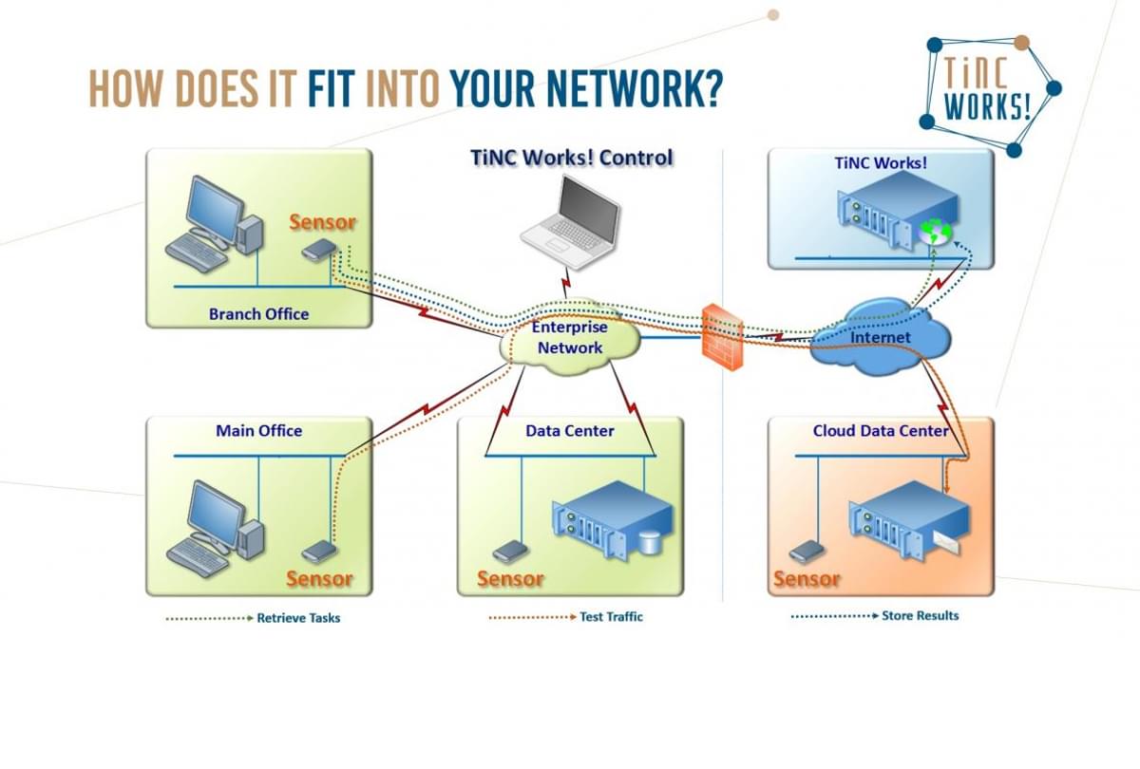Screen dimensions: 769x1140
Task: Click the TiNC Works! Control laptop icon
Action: coord(570,216)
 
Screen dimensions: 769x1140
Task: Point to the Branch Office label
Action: coord(258,313)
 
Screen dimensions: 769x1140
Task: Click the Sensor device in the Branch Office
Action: coord(318,250)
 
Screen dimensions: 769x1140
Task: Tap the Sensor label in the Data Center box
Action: coord(510,578)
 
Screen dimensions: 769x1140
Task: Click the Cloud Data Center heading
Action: coord(881,431)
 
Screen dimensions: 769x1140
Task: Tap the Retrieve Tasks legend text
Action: coord(298,618)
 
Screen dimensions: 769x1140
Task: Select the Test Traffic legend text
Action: coord(611,617)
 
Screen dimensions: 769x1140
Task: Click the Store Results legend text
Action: coord(920,615)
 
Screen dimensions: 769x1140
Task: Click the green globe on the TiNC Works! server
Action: coord(933,232)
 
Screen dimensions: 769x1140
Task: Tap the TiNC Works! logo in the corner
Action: coord(987,93)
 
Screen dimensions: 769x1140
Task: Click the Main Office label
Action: coord(258,431)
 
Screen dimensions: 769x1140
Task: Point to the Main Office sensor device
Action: coord(319,551)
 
